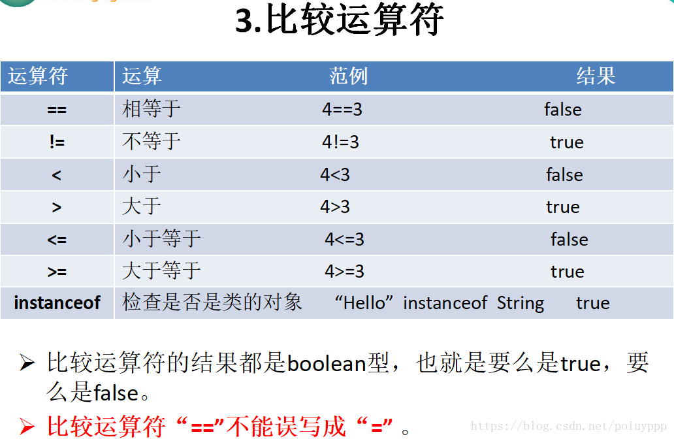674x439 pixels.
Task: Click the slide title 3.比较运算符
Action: pos(340,21)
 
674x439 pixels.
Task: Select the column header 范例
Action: pos(348,76)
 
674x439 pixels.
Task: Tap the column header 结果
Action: pos(596,76)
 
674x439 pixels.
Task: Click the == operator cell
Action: pos(57,110)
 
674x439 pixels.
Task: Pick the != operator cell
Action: pos(57,142)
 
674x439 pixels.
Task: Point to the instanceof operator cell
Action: pos(57,303)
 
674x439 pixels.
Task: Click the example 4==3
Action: pos(342,110)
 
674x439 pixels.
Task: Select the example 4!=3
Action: pos(340,142)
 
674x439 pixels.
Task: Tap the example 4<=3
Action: pos(344,239)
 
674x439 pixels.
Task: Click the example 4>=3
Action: pos(344,271)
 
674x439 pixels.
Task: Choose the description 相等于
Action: pos(151,109)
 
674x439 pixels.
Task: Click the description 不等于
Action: pos(151,142)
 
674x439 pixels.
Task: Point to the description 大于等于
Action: pos(161,271)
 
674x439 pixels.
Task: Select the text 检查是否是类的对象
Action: pos(212,302)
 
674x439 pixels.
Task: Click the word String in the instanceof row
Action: pos(520,303)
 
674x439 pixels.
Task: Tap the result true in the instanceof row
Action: pos(592,303)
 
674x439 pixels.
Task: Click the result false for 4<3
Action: pos(564,175)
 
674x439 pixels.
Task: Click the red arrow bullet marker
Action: pos(27,428)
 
